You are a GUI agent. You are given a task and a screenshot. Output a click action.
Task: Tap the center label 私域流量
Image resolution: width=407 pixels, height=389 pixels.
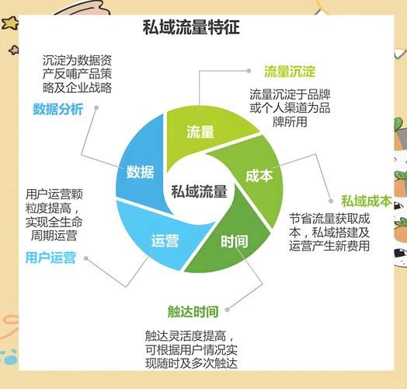click(x=199, y=191)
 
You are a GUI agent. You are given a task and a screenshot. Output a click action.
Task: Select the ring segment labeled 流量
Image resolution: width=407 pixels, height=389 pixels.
click(x=200, y=132)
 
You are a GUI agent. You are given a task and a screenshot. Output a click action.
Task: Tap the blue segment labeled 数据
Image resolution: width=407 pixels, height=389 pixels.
click(x=140, y=172)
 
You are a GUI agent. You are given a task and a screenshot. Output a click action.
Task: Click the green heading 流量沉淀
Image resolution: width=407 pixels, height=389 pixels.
click(x=289, y=72)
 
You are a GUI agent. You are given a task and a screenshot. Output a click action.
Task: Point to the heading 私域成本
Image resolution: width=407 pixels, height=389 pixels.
click(x=366, y=200)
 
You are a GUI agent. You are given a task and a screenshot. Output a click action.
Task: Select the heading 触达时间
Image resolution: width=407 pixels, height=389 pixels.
click(x=193, y=310)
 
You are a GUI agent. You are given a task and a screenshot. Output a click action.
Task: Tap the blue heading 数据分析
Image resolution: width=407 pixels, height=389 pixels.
click(x=58, y=109)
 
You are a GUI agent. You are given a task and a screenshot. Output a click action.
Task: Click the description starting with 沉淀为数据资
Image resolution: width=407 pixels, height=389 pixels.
click(x=77, y=73)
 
